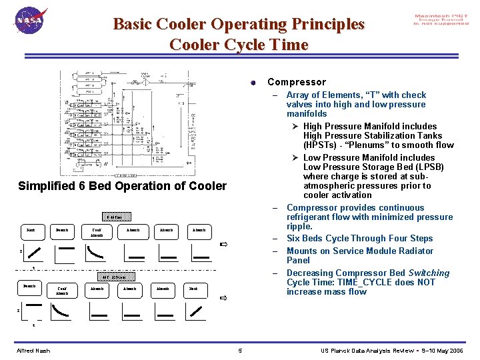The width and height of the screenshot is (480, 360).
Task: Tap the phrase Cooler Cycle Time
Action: coord(239,45)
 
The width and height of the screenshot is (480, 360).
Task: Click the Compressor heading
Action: coord(297,82)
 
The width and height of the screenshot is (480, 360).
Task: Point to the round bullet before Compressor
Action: coord(253,83)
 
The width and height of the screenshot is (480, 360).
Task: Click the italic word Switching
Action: coord(429,273)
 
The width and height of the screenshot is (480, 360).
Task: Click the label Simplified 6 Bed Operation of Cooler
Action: coord(122,186)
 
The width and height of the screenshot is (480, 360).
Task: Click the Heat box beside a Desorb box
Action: coord(31,230)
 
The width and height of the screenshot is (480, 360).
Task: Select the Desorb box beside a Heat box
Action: coord(63,230)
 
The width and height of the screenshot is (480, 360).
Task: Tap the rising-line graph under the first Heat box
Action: coord(31,253)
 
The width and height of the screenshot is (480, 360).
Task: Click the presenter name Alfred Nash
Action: coord(33,351)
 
